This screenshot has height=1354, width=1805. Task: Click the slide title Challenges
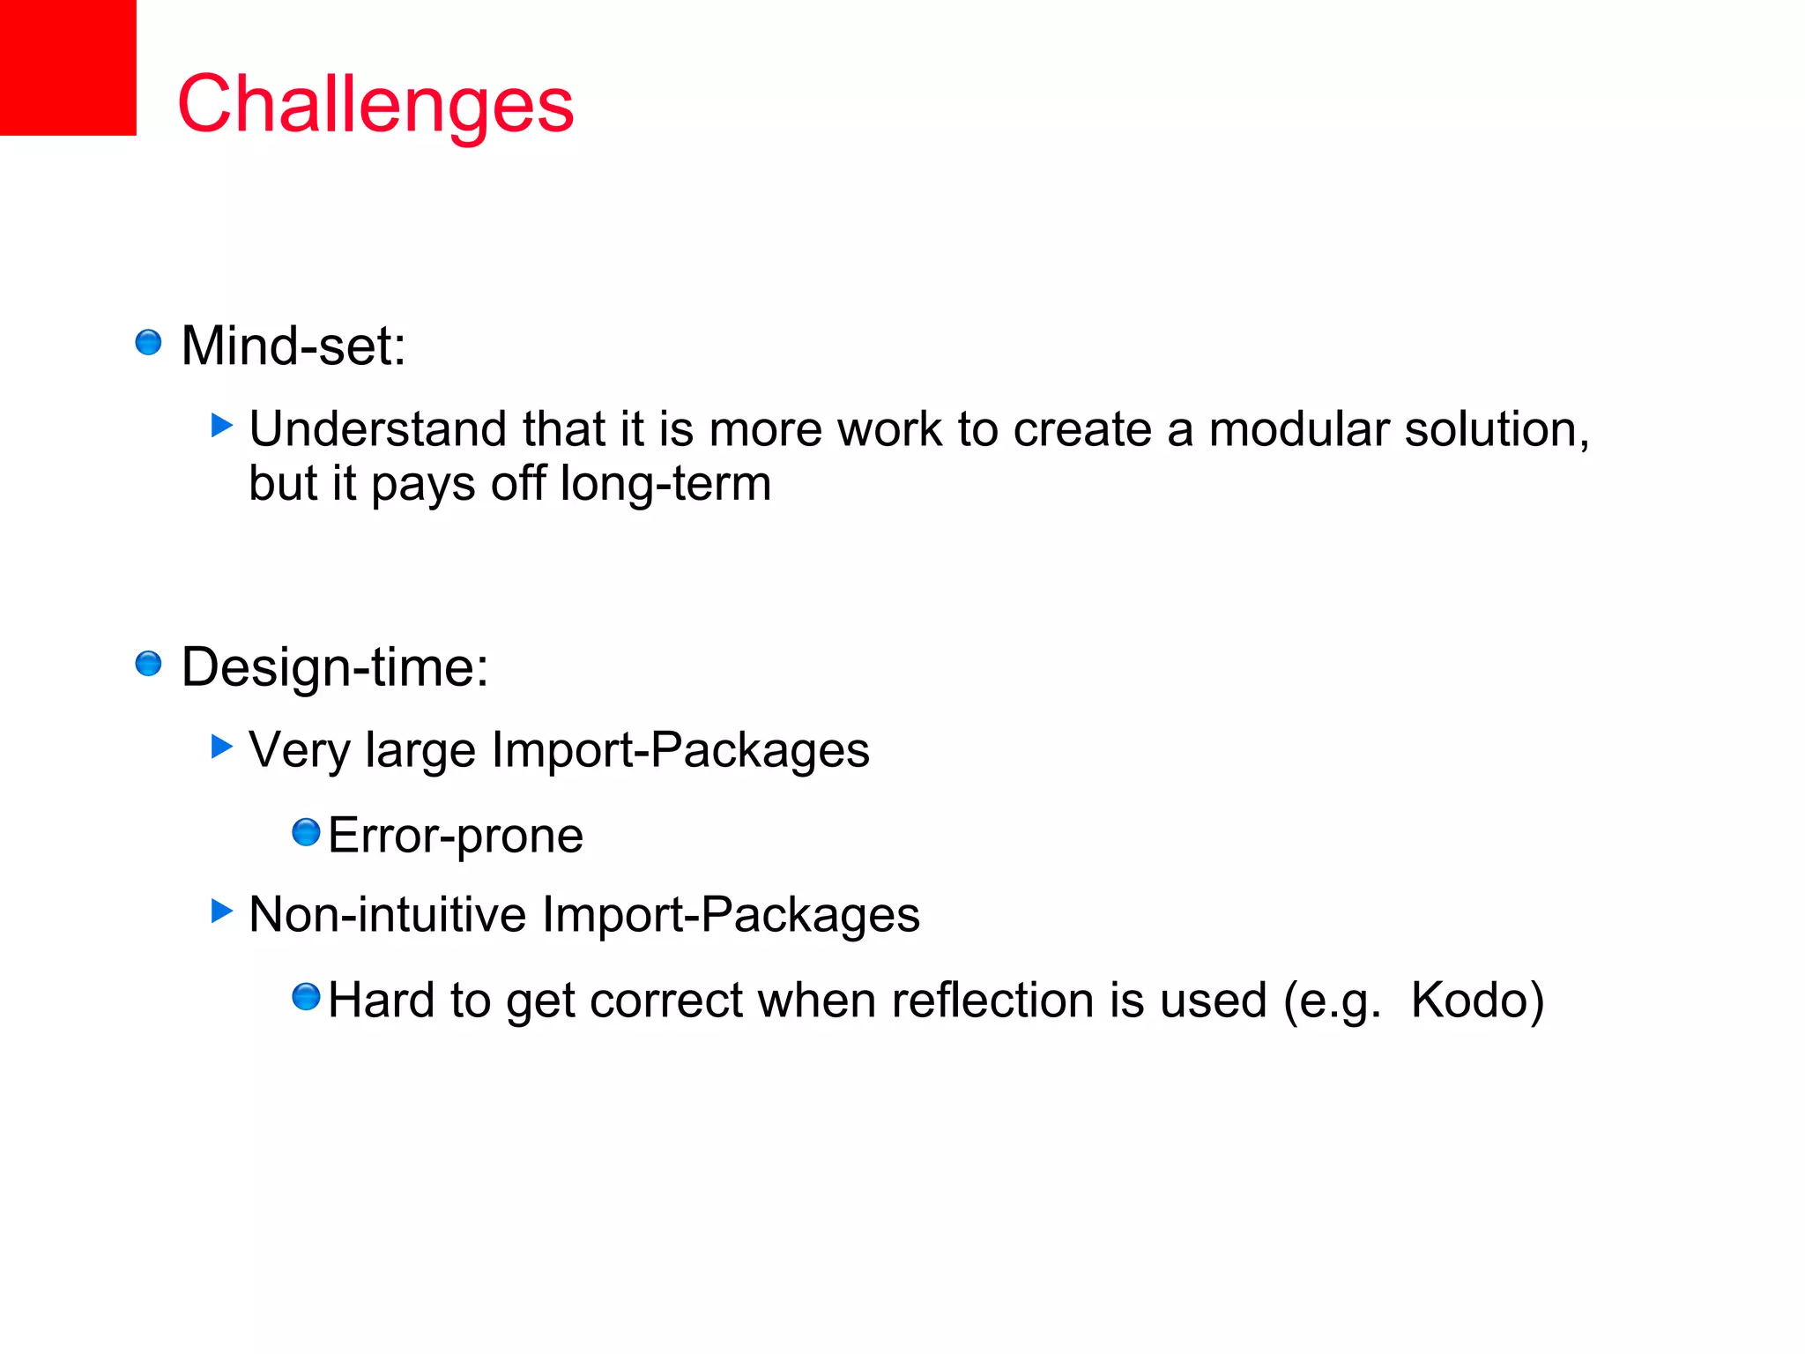tap(375, 104)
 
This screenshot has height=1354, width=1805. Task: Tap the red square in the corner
tap(68, 67)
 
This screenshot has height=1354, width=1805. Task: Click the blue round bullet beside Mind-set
tap(148, 342)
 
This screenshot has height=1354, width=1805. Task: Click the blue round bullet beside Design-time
tap(148, 663)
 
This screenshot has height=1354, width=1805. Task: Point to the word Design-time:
tap(334, 666)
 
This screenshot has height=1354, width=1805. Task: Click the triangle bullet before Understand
tap(222, 426)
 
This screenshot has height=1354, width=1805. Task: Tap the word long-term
tap(665, 484)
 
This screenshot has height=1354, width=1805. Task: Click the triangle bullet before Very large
tap(222, 747)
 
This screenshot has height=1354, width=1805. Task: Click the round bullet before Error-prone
tap(306, 832)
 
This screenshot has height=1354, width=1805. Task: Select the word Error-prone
tap(455, 836)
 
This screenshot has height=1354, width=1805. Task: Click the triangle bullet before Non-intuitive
tap(222, 911)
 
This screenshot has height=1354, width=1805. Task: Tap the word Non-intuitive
tap(388, 914)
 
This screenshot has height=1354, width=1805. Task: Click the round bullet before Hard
tap(306, 997)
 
